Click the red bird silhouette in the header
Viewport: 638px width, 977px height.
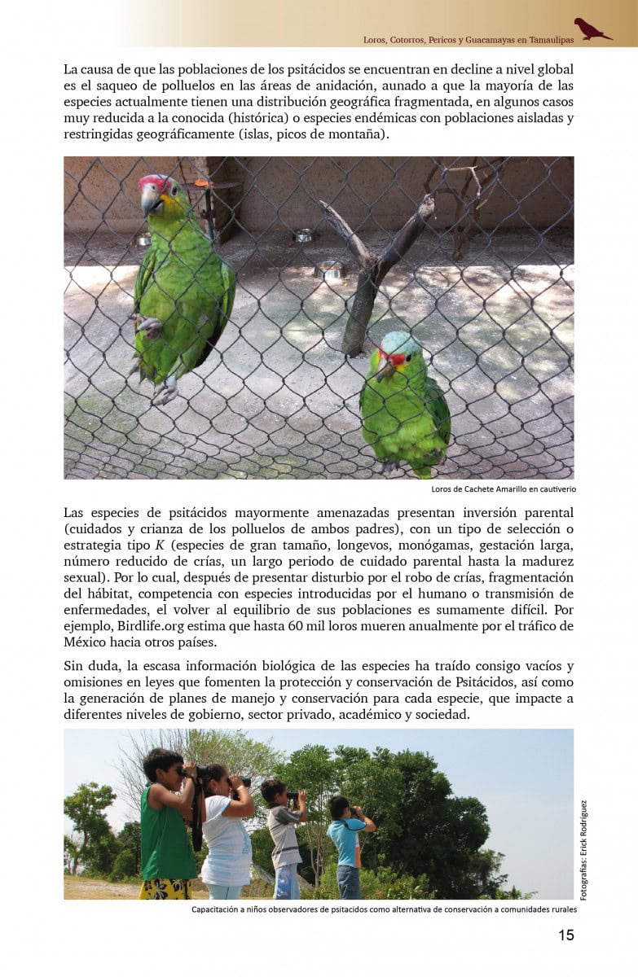[x=592, y=29]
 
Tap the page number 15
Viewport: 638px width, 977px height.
[x=565, y=935]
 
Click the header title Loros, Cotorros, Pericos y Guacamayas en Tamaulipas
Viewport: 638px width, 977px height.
[x=468, y=38]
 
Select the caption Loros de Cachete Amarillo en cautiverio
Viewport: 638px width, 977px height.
[x=503, y=489]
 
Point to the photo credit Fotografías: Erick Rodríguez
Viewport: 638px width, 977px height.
[x=583, y=849]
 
